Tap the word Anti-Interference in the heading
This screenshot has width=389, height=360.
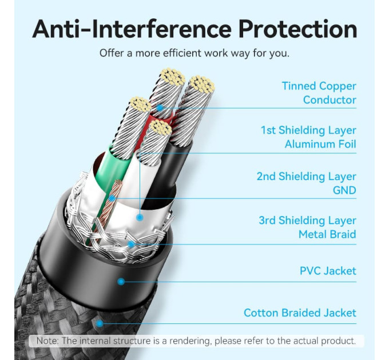click(132, 29)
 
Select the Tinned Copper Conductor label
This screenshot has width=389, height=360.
click(319, 93)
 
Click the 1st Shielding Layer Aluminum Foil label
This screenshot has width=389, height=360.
click(308, 137)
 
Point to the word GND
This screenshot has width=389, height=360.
click(344, 190)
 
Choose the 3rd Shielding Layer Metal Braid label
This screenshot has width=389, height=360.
click(308, 227)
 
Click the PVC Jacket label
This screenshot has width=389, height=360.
click(328, 271)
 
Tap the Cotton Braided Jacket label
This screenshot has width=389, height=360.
click(300, 313)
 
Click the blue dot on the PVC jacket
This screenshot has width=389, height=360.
click(121, 282)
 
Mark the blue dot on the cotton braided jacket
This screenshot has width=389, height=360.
click(100, 323)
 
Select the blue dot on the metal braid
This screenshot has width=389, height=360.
click(131, 245)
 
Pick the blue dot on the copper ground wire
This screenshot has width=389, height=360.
click(112, 198)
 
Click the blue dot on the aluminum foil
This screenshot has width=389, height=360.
click(140, 218)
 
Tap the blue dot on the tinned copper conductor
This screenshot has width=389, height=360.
click(160, 108)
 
